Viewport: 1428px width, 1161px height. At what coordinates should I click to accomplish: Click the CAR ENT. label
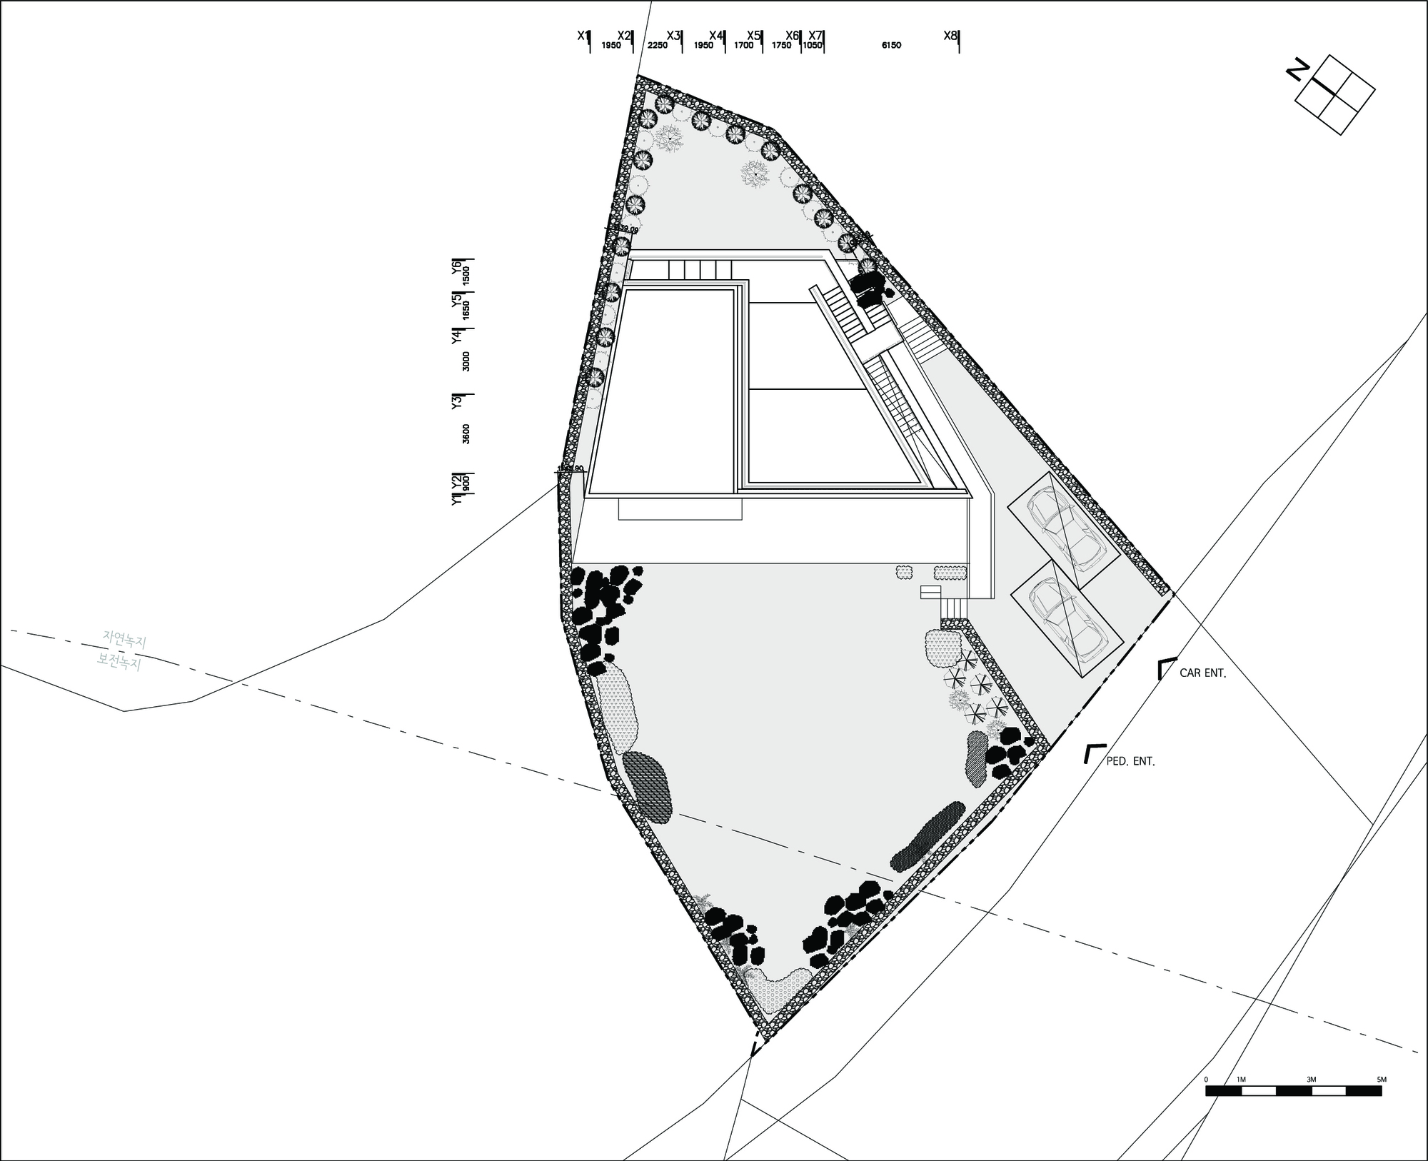pyautogui.click(x=1202, y=673)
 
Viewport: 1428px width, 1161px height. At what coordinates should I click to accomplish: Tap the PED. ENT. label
pyautogui.click(x=1130, y=762)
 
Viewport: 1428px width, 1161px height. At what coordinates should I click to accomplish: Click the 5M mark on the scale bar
pyautogui.click(x=1382, y=1080)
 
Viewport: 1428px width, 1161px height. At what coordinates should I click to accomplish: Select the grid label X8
pyautogui.click(x=950, y=35)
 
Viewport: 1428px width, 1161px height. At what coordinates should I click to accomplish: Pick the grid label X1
pyautogui.click(x=583, y=35)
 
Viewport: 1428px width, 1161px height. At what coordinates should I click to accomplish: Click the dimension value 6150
pyautogui.click(x=891, y=46)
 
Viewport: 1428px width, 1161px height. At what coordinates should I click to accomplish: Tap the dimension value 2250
pyautogui.click(x=657, y=46)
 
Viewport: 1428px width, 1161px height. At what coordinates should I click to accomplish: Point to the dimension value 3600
pyautogui.click(x=466, y=433)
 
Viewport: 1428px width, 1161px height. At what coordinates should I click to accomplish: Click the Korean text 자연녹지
pyautogui.click(x=124, y=639)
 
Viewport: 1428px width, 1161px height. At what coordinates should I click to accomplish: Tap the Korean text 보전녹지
pyautogui.click(x=119, y=662)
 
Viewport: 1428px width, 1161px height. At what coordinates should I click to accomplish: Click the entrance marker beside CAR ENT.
pyautogui.click(x=1165, y=668)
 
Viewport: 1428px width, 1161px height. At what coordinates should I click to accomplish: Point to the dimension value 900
pyautogui.click(x=466, y=483)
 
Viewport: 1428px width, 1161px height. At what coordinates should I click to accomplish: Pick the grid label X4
pyautogui.click(x=716, y=35)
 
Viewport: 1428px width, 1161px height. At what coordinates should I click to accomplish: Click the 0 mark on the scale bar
pyautogui.click(x=1206, y=1080)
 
